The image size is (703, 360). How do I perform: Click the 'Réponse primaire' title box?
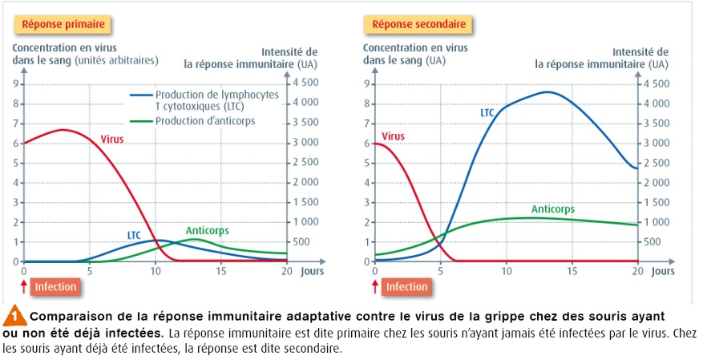[62, 25]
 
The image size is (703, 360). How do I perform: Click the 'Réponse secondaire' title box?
[418, 25]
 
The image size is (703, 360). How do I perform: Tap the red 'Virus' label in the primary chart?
[113, 140]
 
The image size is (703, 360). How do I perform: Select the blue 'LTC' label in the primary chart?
[135, 235]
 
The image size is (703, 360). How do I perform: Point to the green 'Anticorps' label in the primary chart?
[207, 231]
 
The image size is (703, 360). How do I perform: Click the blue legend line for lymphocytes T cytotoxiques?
[140, 95]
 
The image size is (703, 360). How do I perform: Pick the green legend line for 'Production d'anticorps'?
[140, 121]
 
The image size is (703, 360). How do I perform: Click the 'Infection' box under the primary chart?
[56, 286]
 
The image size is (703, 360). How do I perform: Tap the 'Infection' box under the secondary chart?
[406, 286]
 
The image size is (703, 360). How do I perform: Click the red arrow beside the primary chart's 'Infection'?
[24, 285]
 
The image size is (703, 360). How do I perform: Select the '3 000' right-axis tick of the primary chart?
[308, 143]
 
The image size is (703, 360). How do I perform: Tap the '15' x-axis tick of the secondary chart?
[572, 272]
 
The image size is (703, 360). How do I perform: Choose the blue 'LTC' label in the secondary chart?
[487, 113]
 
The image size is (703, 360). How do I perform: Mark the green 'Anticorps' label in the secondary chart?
[553, 209]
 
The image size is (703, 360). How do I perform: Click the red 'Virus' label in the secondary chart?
[394, 136]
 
